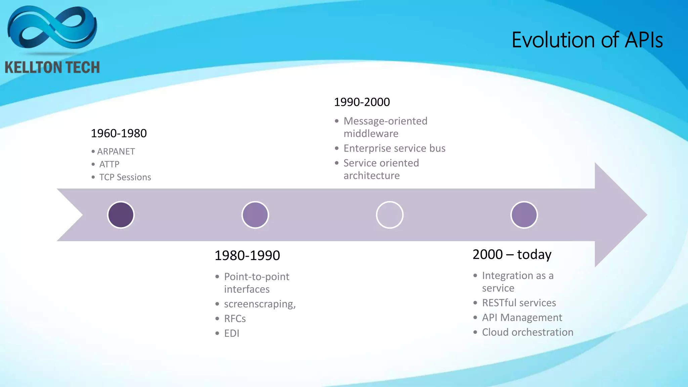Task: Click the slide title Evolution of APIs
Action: [587, 40]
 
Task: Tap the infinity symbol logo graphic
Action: [52, 29]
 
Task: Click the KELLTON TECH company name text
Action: [52, 68]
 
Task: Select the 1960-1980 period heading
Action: [119, 133]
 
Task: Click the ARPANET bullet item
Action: [116, 152]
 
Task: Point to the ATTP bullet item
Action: [109, 164]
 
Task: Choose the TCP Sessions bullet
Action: [125, 177]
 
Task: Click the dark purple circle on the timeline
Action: [121, 215]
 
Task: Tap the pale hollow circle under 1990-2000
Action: [390, 215]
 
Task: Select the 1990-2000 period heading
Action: [362, 102]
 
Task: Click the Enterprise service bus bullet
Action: [394, 148]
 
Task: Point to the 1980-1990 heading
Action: [247, 256]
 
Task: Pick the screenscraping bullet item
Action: [260, 304]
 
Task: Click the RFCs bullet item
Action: [235, 318]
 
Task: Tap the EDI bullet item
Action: [231, 333]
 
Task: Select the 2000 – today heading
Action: [512, 254]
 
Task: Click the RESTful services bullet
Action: [519, 303]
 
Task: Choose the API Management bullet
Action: [522, 317]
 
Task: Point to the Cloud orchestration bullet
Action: [527, 332]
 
